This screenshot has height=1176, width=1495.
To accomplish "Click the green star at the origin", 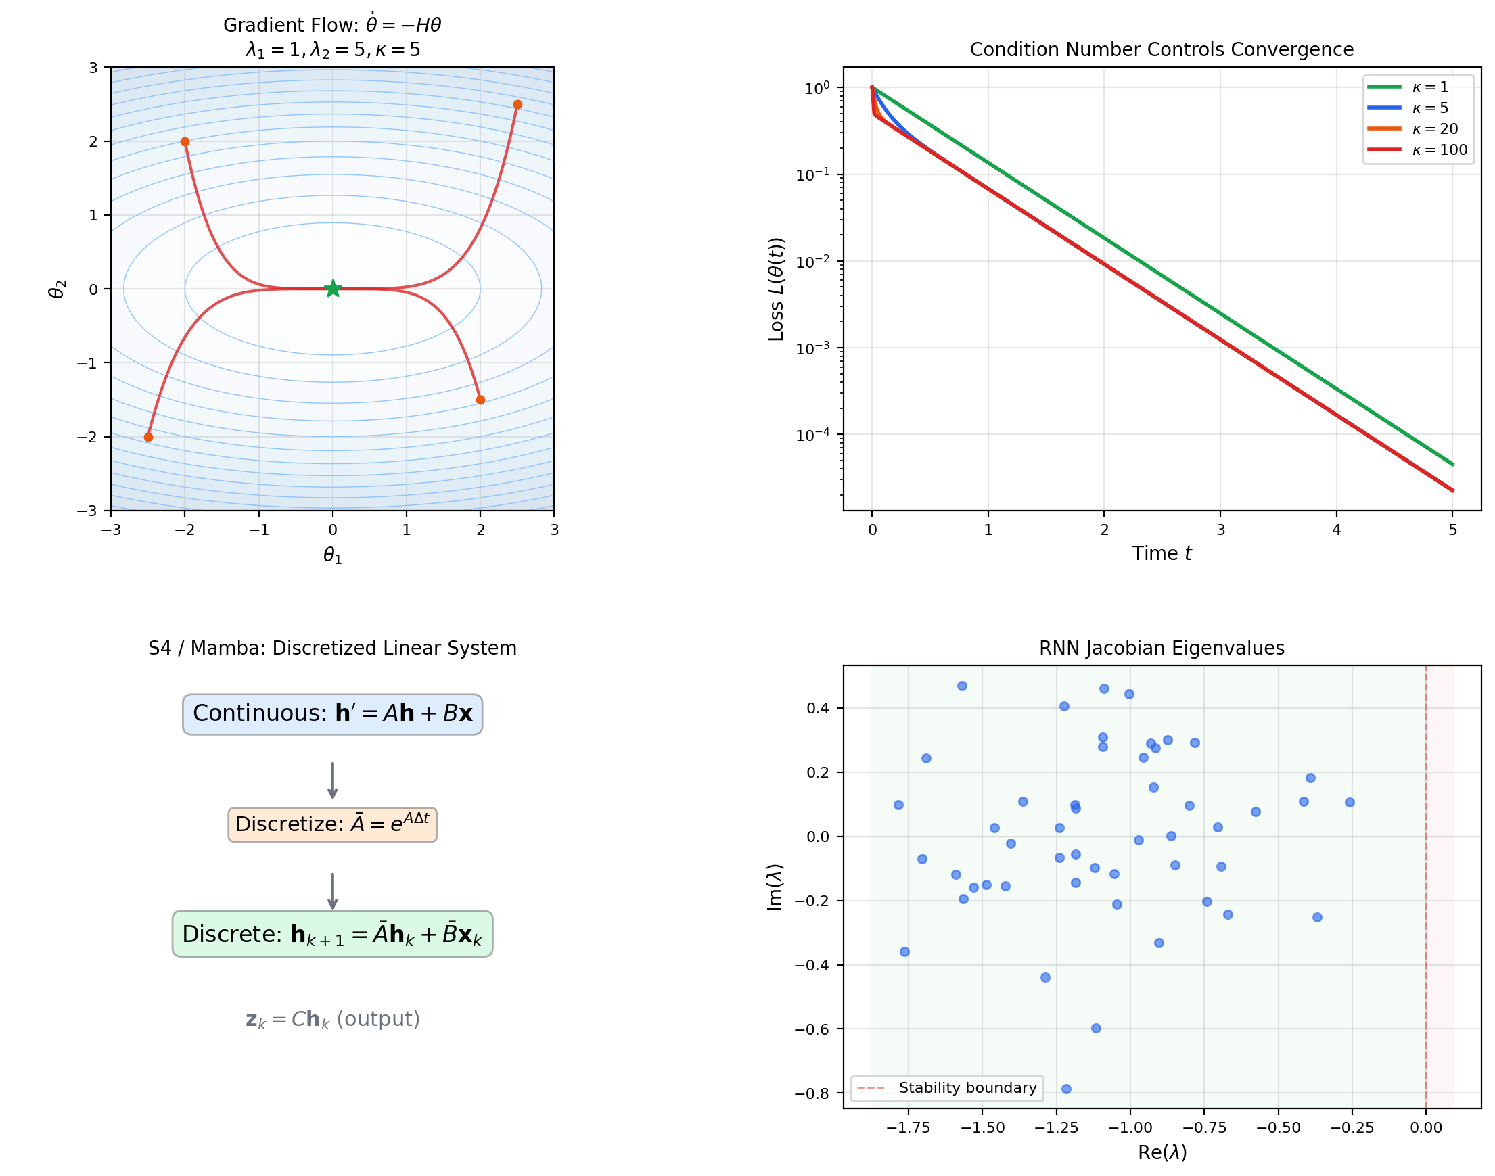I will coord(333,289).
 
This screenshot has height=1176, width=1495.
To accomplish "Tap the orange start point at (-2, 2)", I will coord(185,142).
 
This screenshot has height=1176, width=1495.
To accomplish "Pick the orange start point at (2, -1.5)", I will coord(481,400).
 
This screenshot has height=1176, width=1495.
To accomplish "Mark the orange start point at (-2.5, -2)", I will coord(148,438).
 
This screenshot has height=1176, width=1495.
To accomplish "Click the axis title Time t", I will coord(1161,554).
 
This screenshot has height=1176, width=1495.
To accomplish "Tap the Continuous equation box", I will coord(332,714).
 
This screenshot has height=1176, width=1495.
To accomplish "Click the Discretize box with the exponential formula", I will coord(332,825).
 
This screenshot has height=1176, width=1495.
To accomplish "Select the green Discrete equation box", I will coord(332,935).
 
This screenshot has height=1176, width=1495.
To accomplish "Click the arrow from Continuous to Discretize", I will coord(333,780).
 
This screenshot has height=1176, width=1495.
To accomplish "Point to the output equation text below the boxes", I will coord(333,1019).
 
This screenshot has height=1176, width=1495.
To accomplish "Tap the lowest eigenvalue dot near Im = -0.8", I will coord(1066,1089).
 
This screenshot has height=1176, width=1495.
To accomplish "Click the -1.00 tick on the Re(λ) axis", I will coord(1130,1128).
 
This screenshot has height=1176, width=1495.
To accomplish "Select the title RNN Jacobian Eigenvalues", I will coord(1161,648).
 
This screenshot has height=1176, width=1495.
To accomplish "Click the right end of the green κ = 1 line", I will coord(1452,465).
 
